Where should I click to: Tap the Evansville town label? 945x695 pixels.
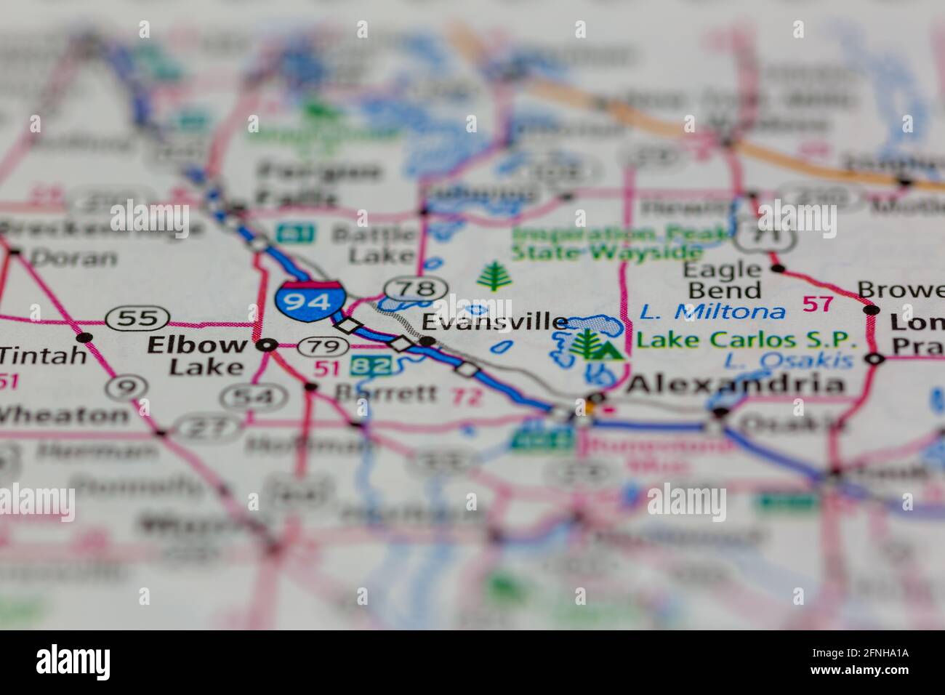[x=495, y=321]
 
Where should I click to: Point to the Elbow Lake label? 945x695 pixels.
[x=196, y=355]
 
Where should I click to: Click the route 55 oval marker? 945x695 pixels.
[x=137, y=318]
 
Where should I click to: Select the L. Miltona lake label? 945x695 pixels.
[x=712, y=312]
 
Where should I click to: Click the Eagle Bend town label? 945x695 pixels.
[x=722, y=280]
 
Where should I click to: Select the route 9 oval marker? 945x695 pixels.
[x=126, y=388]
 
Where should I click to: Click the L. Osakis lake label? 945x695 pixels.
[x=788, y=360]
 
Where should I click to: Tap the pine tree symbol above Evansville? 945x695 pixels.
[x=494, y=276]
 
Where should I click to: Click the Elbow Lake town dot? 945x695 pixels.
[x=268, y=345]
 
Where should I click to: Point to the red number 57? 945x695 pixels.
[x=818, y=303]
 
